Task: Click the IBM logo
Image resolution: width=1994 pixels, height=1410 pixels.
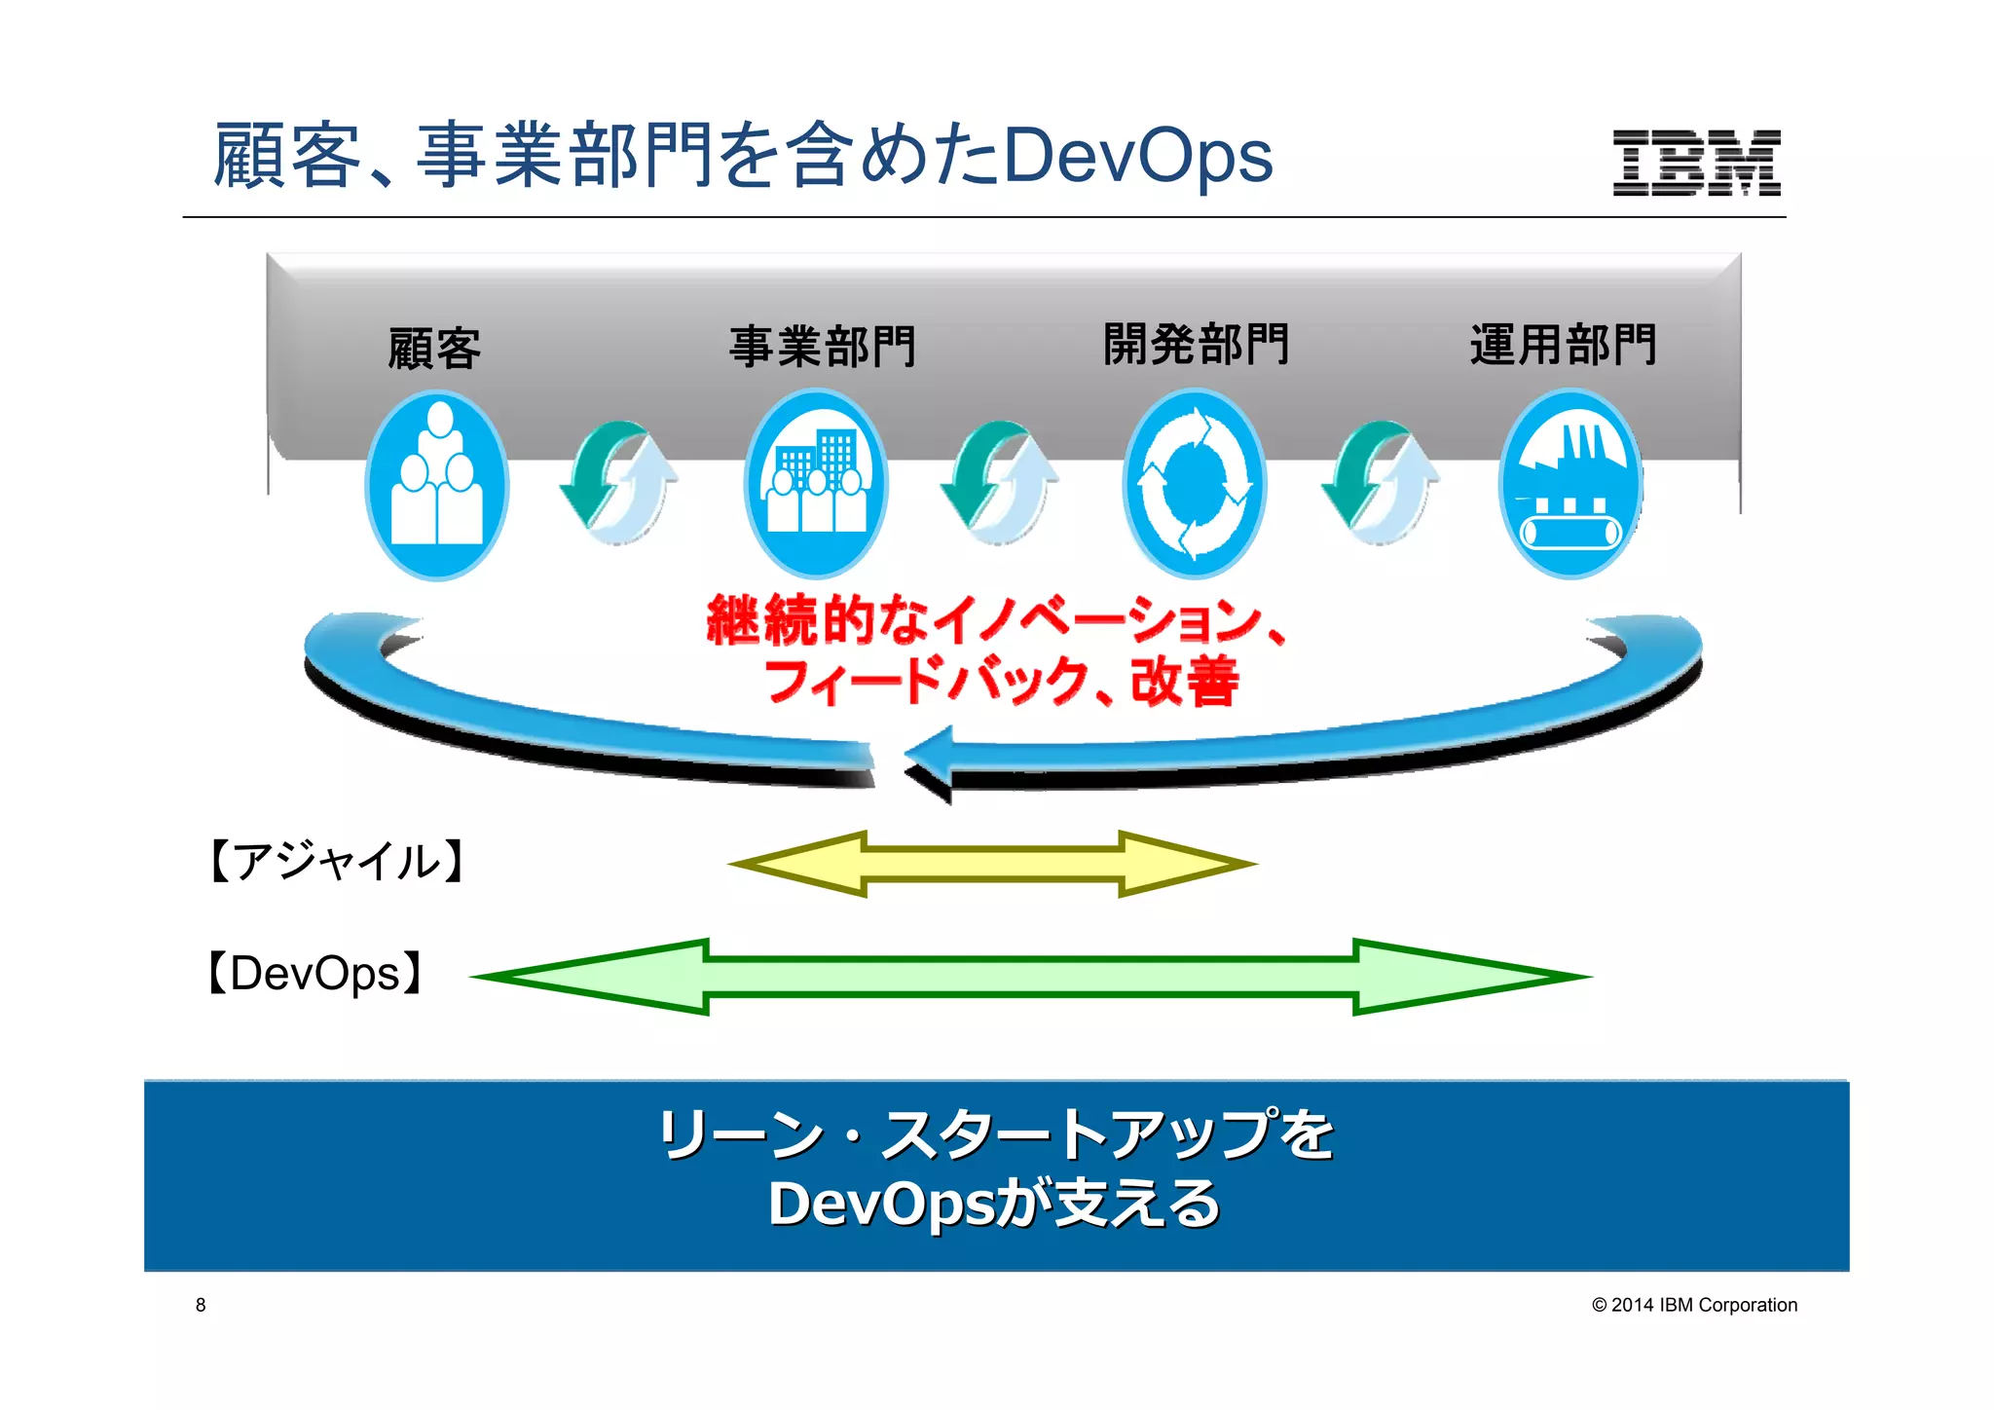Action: click(1696, 163)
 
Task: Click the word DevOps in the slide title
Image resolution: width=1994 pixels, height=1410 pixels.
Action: click(1137, 156)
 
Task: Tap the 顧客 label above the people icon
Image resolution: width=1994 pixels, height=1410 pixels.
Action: click(434, 349)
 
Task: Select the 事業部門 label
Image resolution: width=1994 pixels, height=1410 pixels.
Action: click(823, 347)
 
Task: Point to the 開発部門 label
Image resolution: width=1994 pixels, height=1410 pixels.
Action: click(1196, 344)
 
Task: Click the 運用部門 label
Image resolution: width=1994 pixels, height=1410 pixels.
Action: click(1563, 345)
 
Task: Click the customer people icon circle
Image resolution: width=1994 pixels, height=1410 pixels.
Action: click(437, 484)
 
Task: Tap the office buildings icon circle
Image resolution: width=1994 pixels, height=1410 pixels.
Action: click(816, 484)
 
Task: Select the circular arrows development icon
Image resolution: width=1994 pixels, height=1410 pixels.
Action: click(1195, 484)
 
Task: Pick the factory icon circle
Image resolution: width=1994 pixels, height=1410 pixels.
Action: click(1570, 484)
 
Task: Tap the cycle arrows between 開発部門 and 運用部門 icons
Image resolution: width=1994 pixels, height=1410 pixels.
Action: click(1381, 482)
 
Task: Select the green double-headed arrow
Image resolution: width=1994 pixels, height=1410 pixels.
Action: click(1030, 977)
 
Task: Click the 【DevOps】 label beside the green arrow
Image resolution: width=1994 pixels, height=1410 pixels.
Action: click(314, 974)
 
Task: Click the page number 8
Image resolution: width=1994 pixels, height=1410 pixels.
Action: click(201, 1305)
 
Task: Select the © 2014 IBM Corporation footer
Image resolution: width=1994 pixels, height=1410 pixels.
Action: click(1694, 1305)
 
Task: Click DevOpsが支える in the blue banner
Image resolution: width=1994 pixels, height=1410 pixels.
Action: click(993, 1204)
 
